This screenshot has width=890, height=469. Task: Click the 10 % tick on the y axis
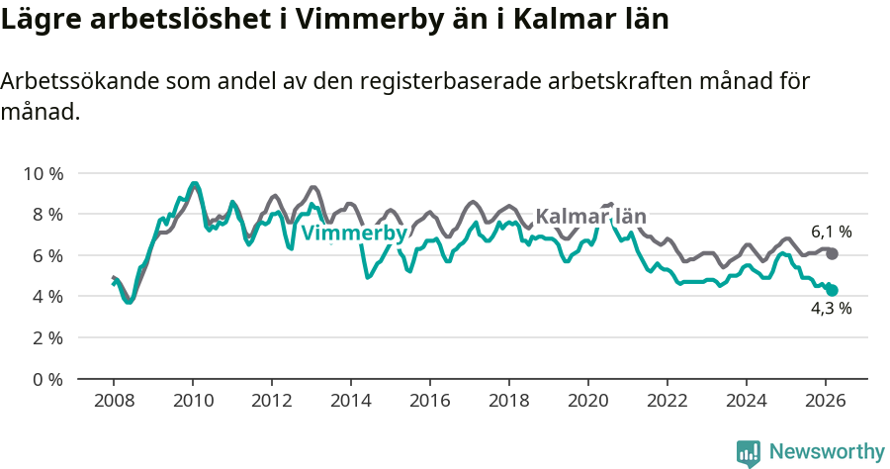click(42, 173)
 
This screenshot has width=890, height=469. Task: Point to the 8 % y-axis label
click(45, 214)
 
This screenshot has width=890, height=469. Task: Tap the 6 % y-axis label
click(45, 255)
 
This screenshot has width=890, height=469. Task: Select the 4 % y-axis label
click(45, 296)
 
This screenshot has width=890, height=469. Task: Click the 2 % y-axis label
click(45, 337)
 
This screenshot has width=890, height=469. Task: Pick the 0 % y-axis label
click(45, 379)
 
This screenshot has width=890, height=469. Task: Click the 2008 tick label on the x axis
click(114, 401)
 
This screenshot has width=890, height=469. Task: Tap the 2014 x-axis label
click(351, 401)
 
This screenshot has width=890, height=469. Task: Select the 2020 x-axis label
click(588, 401)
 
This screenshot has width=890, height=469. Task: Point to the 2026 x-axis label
click(826, 401)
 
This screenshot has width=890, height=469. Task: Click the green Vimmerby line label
click(353, 234)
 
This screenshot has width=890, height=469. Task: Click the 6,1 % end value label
click(832, 233)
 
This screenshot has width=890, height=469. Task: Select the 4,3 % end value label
click(832, 308)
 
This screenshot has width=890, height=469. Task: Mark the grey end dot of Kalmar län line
click(833, 254)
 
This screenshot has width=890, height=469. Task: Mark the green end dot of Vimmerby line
click(833, 291)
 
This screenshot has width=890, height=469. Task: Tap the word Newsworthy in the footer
click(827, 452)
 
